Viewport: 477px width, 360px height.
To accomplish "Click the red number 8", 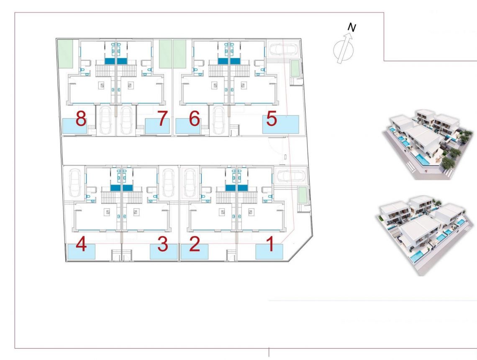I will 81,119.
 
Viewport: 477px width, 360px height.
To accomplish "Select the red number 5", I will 272,118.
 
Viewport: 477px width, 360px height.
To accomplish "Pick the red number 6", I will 194,119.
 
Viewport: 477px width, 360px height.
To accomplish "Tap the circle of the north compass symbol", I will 342,51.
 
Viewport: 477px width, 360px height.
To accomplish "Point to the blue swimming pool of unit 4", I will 81,252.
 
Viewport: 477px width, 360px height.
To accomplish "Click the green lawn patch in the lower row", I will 302,195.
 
